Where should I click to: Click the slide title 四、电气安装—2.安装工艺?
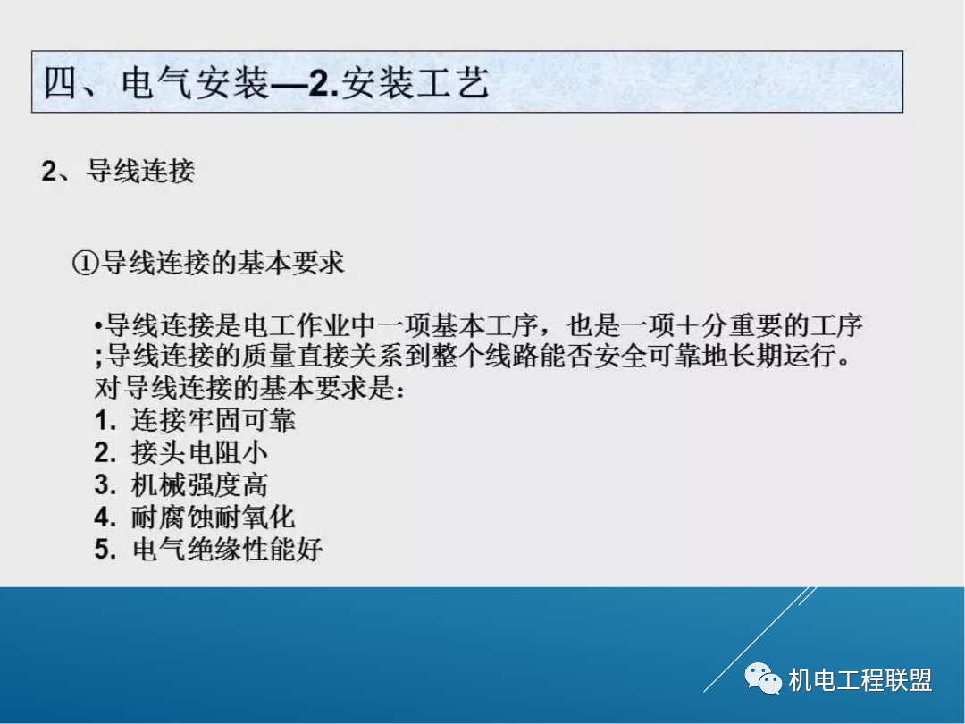[266, 83]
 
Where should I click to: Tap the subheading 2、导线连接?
[118, 171]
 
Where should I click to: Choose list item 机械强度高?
[199, 485]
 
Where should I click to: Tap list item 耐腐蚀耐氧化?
[213, 518]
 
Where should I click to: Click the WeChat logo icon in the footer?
[763, 680]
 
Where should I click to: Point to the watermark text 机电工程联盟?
[860, 681]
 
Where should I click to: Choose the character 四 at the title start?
[63, 83]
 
